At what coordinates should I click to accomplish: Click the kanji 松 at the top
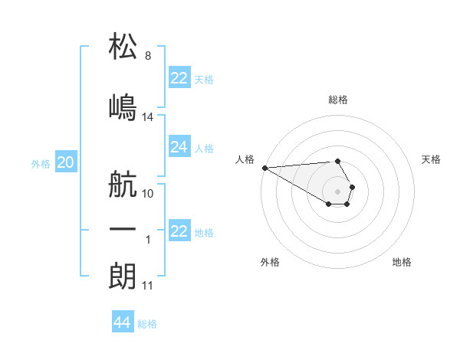[x=123, y=45]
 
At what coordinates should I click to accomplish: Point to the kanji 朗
[x=123, y=274]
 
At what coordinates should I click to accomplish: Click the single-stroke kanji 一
[x=123, y=228]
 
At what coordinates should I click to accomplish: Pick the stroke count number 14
[x=148, y=117]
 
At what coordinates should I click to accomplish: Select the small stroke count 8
[x=148, y=56]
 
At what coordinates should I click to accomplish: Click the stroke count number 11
[x=148, y=286]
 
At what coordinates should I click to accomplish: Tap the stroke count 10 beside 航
[x=148, y=194]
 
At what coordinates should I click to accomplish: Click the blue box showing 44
[x=123, y=322]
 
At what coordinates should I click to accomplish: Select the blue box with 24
[x=179, y=147]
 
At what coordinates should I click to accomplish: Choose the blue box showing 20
[x=66, y=162]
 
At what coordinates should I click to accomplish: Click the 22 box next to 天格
[x=179, y=78]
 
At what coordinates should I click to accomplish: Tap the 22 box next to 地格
[x=179, y=231]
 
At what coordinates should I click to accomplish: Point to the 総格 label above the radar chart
[x=338, y=100]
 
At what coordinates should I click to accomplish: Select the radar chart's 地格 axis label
[x=402, y=262]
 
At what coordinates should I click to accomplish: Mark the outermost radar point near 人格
[x=264, y=168]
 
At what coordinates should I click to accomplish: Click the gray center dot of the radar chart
[x=338, y=191]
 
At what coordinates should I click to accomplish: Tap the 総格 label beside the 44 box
[x=147, y=324]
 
